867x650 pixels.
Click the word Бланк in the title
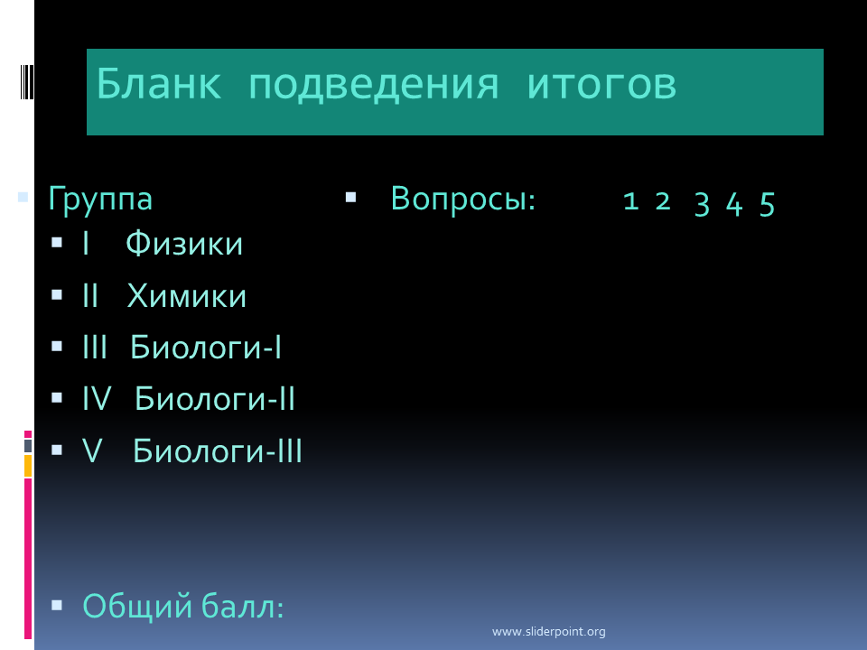[159, 83]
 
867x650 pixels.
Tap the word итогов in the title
[601, 86]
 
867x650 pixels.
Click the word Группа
[100, 200]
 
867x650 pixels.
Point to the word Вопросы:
[463, 199]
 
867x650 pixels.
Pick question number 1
[631, 201]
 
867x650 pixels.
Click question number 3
[702, 204]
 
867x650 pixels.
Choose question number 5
[767, 204]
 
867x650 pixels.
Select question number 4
[733, 204]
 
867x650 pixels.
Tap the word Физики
[184, 244]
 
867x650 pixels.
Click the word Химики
[187, 296]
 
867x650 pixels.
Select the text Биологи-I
[206, 347]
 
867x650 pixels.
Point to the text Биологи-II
[215, 398]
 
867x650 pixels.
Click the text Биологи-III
[218, 450]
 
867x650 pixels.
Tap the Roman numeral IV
[97, 398]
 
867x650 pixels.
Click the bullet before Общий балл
[56, 605]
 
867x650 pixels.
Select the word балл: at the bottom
[242, 606]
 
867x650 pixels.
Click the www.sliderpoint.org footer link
[548, 631]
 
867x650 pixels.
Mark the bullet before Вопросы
[350, 198]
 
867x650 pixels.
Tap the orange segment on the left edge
[28, 466]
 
